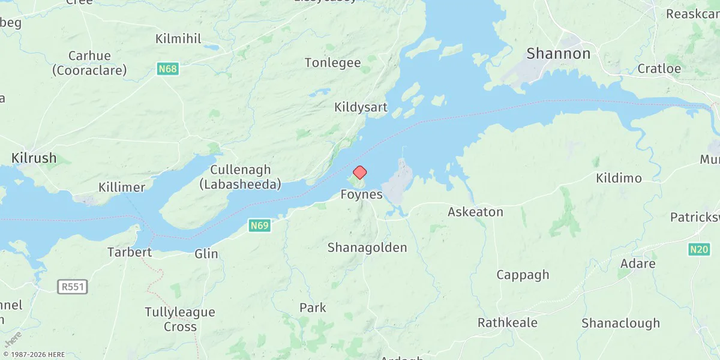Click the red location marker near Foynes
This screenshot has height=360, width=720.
[x=359, y=173]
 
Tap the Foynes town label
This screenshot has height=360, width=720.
[x=361, y=194]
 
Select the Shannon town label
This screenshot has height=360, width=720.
[x=558, y=53]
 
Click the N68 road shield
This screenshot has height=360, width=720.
[x=167, y=69]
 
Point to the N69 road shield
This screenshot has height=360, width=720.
[x=259, y=226]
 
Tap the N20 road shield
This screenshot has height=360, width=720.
[x=700, y=249]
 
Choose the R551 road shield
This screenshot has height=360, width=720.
[x=73, y=287]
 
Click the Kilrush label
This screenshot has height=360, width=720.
[x=34, y=158]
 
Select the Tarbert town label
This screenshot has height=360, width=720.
[x=129, y=251]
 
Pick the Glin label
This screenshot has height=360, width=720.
[x=206, y=254]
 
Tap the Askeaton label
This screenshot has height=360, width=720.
[x=475, y=212]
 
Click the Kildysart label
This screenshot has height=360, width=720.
[x=361, y=108]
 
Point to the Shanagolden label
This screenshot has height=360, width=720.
[x=367, y=247]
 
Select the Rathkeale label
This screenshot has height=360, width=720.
[x=507, y=323]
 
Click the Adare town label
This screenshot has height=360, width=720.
[x=638, y=264]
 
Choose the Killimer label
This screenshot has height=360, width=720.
[x=122, y=187]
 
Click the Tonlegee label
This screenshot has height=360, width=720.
[x=332, y=62]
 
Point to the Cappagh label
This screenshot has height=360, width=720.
[x=522, y=275]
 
